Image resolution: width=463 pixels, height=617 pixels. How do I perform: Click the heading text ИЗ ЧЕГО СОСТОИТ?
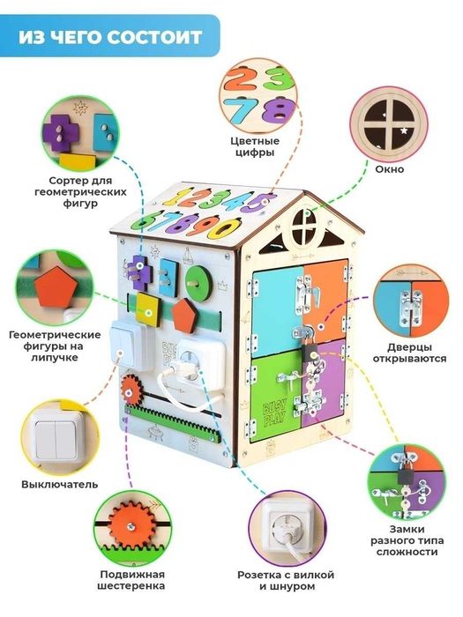coord(110,37)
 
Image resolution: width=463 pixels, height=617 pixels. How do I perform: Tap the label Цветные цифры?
coord(255,147)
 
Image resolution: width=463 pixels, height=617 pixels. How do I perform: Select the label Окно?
coord(389,169)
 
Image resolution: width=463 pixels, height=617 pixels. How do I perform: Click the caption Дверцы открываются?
coord(409,353)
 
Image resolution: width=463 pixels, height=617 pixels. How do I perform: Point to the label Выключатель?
coord(59,484)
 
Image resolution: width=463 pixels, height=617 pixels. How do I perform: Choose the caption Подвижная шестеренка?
coord(132,580)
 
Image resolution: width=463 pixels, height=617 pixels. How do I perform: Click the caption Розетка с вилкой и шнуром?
coord(286,580)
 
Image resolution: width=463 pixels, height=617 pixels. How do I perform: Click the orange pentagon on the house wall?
coord(184,316)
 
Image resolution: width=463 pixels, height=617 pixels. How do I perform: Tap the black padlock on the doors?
coord(310,353)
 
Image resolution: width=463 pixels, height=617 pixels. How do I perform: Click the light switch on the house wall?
coord(127,346)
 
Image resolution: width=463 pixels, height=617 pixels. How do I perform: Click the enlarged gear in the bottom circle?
coord(131,525)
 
